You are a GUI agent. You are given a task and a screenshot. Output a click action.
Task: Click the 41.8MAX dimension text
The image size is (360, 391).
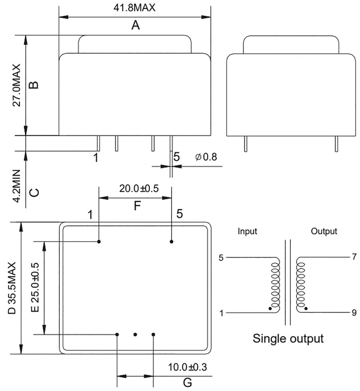135,8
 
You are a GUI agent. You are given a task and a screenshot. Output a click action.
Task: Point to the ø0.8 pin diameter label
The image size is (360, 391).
206,157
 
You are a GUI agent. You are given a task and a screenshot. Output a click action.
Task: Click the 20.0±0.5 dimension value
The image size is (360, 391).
139,189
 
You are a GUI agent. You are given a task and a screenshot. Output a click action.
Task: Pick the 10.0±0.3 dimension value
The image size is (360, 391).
187,367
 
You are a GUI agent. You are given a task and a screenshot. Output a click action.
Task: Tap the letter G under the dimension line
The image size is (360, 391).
187,382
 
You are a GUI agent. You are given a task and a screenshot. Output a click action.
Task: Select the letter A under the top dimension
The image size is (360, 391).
135,26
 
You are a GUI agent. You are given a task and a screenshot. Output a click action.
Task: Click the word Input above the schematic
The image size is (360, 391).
247,231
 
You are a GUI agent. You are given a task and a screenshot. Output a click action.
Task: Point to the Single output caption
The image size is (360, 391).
288,338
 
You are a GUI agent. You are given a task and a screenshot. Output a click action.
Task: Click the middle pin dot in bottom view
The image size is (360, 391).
135,334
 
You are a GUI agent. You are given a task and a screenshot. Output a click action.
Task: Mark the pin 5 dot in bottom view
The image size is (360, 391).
172,241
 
